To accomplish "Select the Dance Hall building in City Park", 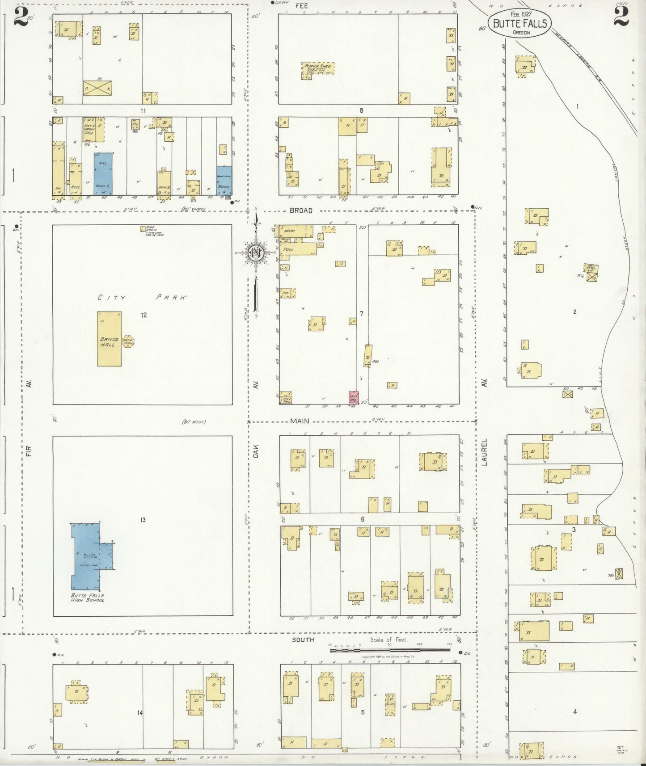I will point(110,339).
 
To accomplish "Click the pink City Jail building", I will point(354,397).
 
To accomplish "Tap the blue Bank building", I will point(224,181).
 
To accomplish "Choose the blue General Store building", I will point(103,174).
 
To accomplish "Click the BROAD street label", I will point(301,210).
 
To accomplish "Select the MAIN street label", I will point(299,421).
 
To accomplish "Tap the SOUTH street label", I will point(303,640).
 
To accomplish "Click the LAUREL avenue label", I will point(485,452).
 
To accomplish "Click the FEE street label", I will point(301,6).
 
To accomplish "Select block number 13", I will point(143,520).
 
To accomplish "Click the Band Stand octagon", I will point(128,341).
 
